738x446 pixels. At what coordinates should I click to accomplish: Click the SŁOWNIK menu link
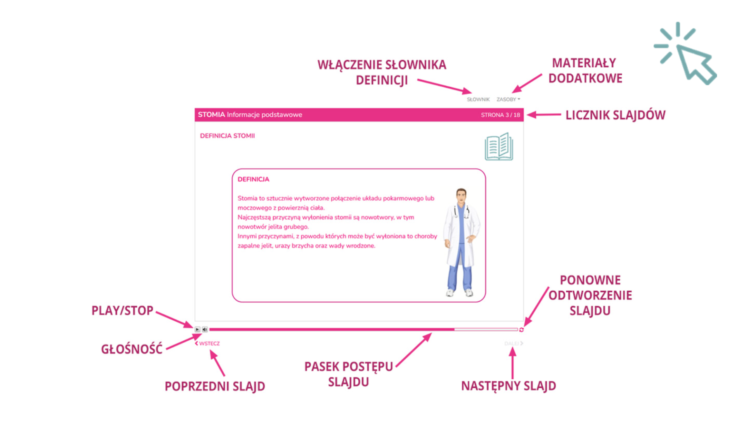coord(478,100)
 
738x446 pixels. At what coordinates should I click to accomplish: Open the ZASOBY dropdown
coord(508,100)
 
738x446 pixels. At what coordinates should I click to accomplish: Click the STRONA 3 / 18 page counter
coord(500,115)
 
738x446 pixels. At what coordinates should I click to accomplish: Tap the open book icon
coord(499,147)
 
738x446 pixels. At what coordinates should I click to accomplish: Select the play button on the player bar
coord(197,330)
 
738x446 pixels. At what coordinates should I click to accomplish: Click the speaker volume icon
coord(205,330)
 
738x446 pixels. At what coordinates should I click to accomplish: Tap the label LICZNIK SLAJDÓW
coord(615,115)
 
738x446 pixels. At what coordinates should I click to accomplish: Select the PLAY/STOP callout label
coord(122,311)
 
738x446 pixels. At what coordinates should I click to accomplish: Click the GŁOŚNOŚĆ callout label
coord(132,349)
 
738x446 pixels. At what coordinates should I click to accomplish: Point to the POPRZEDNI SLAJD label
coord(215,387)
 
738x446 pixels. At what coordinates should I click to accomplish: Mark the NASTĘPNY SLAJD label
coord(508,386)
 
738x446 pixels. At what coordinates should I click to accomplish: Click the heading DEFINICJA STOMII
coord(227,136)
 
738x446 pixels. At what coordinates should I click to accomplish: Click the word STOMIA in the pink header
coord(211,115)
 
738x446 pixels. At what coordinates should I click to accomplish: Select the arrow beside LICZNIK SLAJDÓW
coord(544,115)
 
